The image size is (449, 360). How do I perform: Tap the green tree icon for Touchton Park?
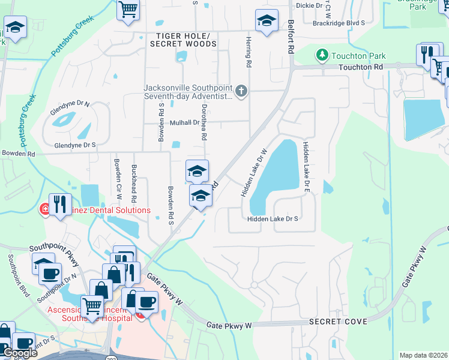coord(322,56)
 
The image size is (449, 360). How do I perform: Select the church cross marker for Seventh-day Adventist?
coord(241,91)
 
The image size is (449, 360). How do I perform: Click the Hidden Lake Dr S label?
coord(273,219)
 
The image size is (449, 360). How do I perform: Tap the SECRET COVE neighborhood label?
coord(338,322)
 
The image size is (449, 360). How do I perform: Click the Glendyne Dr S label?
coord(75,145)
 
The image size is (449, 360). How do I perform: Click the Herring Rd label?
coord(247,50)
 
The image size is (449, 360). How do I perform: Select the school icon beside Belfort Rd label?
coord(267,21)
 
